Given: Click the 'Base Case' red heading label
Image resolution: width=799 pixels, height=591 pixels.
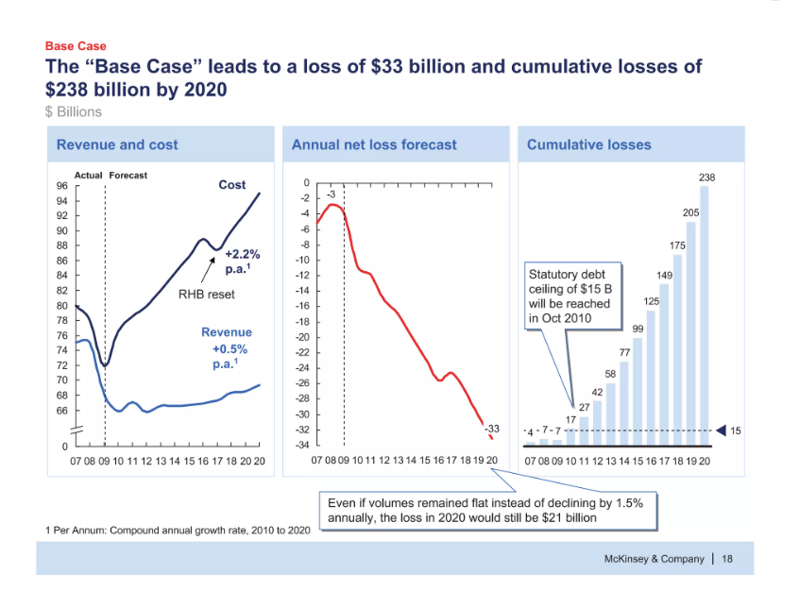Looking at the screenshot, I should click(76, 45).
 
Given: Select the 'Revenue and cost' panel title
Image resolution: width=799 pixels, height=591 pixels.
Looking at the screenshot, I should click(117, 144).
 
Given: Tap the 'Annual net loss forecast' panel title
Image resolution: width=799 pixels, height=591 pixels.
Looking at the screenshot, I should click(374, 144).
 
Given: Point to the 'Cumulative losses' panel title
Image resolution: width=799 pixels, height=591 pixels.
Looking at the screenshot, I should click(588, 144).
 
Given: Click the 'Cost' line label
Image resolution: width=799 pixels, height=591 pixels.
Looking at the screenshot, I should click(232, 185).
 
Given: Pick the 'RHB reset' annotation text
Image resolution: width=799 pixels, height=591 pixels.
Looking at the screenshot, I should click(207, 294).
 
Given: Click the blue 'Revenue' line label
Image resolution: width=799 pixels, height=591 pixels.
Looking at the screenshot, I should click(227, 332).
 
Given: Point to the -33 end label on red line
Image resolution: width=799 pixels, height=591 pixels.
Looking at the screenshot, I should click(491, 430).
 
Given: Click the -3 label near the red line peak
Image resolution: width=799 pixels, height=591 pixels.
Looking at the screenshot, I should click(331, 195).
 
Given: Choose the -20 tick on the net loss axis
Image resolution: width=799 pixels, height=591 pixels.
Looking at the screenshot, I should click(302, 337).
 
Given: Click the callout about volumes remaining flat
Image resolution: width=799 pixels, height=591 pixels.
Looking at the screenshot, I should click(484, 511).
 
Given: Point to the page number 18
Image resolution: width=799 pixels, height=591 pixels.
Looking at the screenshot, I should click(727, 559).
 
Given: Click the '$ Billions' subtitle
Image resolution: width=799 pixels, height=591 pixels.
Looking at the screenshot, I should click(73, 111).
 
